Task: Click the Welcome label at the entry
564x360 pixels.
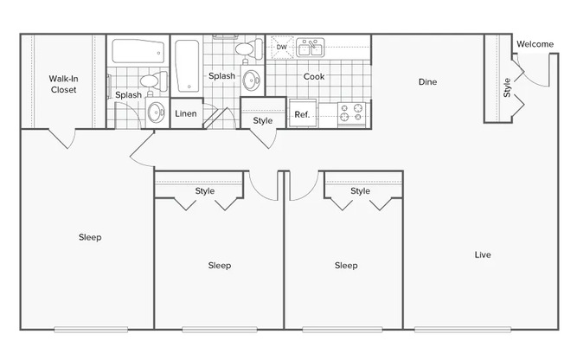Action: (x=535, y=44)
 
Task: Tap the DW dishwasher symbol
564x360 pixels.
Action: (x=282, y=47)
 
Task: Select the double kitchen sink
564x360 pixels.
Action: (x=310, y=48)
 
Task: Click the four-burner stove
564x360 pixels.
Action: (x=351, y=112)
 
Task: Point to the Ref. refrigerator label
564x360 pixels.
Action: (x=302, y=114)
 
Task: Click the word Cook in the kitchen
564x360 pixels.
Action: (x=314, y=76)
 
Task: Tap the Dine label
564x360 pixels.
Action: (x=427, y=81)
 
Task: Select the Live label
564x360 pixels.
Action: (x=483, y=255)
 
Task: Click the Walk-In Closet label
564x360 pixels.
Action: (x=64, y=84)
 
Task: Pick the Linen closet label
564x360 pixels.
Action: (x=186, y=113)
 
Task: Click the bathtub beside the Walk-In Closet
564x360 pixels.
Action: (x=138, y=51)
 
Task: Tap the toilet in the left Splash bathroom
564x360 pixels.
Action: (x=154, y=80)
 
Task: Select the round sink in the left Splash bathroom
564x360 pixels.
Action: (x=156, y=112)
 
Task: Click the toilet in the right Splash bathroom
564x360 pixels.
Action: (x=249, y=49)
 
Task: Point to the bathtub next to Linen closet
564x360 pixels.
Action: (x=188, y=66)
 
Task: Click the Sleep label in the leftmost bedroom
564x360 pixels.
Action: (x=90, y=237)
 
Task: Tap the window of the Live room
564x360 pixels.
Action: (x=463, y=330)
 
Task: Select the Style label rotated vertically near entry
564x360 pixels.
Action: (x=507, y=87)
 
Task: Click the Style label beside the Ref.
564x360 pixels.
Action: (x=263, y=120)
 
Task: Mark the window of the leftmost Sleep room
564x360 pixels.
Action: (x=91, y=330)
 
